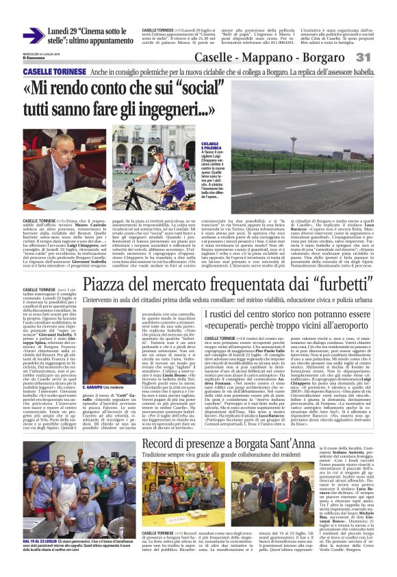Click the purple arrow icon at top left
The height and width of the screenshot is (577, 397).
coord(34,36)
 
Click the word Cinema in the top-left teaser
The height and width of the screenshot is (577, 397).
coord(89,31)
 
